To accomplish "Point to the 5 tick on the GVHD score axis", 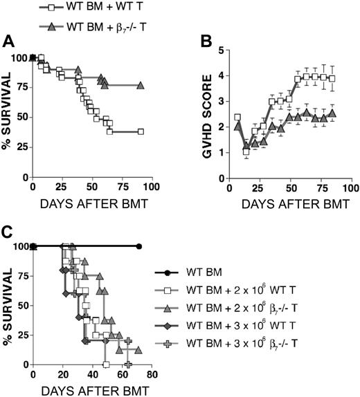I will [220, 50].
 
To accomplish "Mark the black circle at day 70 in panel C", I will [139, 246].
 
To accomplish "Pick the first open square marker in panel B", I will [237, 118].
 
